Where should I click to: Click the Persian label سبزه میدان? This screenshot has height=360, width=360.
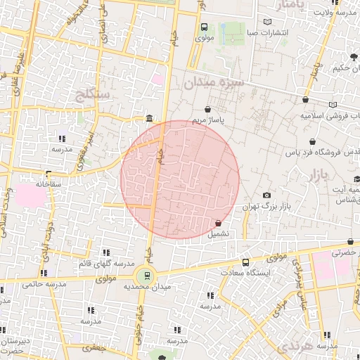[x=213, y=83]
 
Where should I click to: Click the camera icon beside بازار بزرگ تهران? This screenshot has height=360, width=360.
[x=266, y=195]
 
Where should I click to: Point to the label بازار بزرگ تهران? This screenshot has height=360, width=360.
[x=266, y=207]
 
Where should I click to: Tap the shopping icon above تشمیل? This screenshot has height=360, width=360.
[x=218, y=223]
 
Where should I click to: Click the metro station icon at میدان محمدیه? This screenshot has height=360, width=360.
[x=147, y=275]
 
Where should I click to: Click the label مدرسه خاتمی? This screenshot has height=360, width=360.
[x=44, y=284]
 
